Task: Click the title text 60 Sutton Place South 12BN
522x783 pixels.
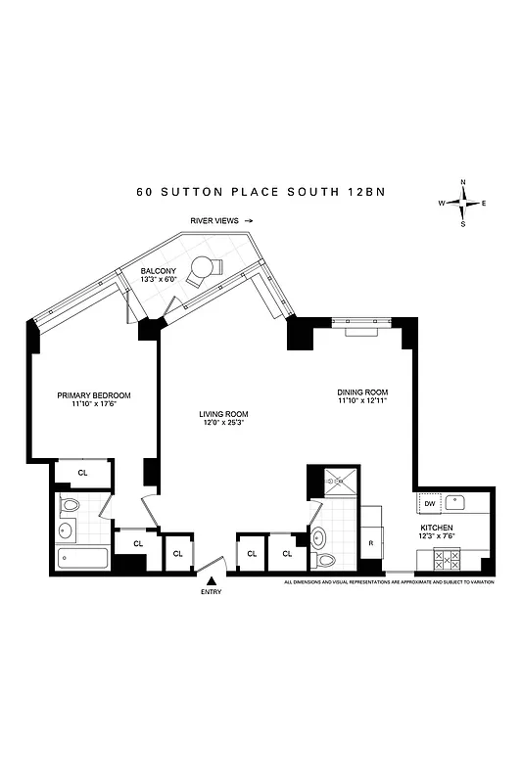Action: pos(261,192)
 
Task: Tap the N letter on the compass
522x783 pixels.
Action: pos(463,182)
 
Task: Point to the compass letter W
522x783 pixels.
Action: pos(442,203)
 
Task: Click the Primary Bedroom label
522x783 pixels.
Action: pos(94,395)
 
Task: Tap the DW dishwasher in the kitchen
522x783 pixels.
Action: pos(429,503)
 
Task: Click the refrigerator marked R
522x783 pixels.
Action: pos(371,541)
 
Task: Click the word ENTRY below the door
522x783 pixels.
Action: pos(211,592)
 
